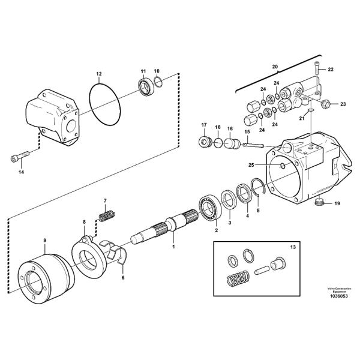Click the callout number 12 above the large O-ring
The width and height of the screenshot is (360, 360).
99,74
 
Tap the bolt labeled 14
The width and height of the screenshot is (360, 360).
20,156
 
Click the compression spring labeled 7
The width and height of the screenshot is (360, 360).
107,215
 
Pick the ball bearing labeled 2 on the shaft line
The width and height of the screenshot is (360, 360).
210,206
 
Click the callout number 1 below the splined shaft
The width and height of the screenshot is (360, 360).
173,247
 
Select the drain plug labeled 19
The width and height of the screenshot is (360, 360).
319,202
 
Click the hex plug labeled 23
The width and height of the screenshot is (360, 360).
326,104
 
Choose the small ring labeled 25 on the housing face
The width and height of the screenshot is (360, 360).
283,166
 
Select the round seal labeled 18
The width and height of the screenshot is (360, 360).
218,143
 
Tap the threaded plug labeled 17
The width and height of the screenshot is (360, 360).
205,142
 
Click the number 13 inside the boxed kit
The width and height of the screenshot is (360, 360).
293,247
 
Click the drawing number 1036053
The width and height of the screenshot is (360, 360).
339,296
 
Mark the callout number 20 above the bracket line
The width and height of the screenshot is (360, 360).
275,67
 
